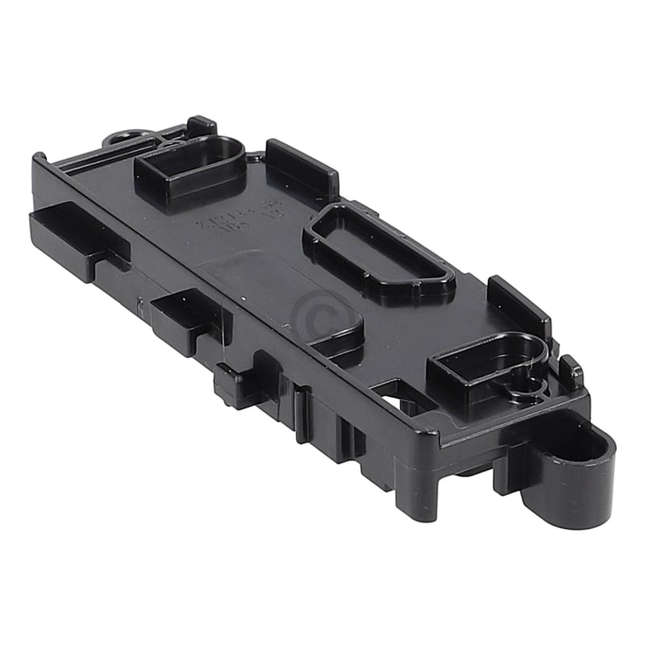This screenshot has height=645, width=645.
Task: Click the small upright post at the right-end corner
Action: click(x=571, y=371)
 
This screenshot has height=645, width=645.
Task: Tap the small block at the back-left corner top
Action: click(x=201, y=126)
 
